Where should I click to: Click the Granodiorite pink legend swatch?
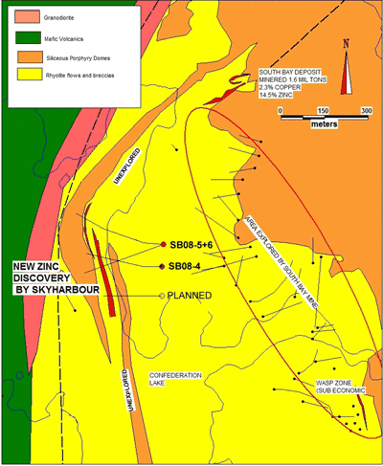(x=19, y=18)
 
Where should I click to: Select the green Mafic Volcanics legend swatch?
(x=19, y=38)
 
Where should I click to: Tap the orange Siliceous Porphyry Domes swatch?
(x=19, y=57)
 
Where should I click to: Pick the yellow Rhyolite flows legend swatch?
(x=19, y=78)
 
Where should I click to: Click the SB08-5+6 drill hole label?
(x=195, y=242)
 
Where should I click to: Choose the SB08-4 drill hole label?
(x=189, y=266)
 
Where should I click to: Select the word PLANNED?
(x=190, y=295)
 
